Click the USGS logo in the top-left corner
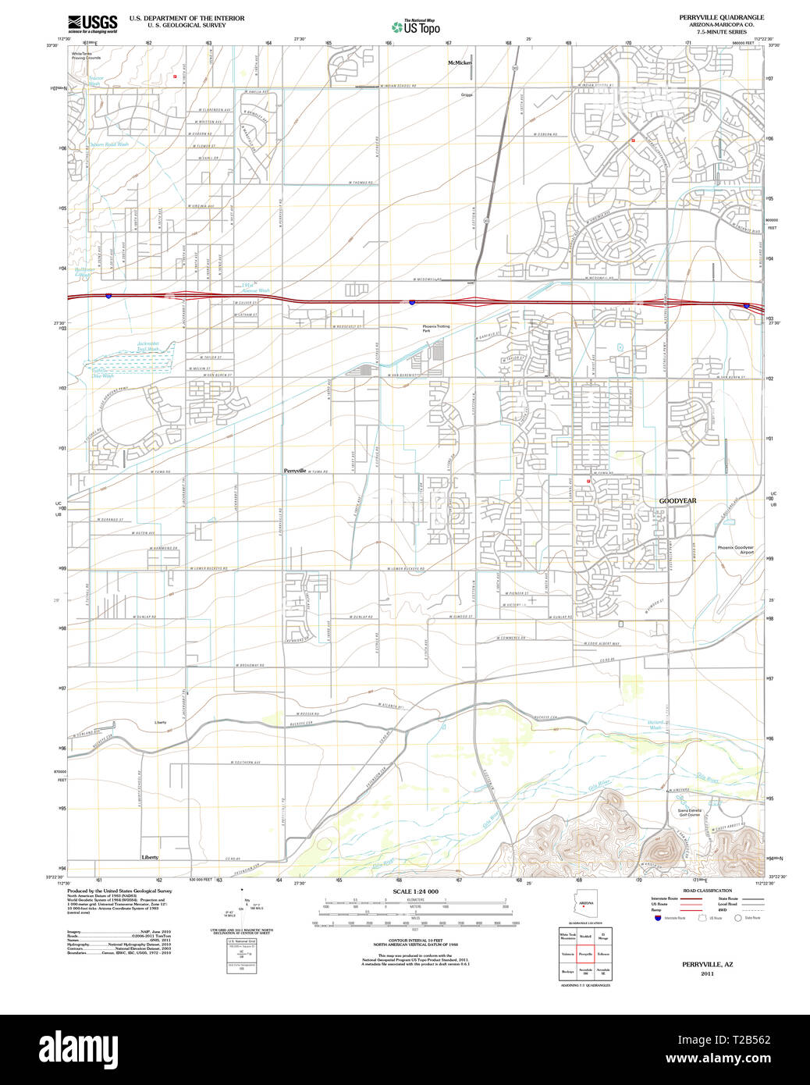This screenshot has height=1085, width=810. click(x=92, y=23)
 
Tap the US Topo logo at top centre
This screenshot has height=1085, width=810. click(x=415, y=27)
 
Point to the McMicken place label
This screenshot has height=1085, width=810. click(x=460, y=62)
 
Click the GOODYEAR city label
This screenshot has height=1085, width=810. click(x=677, y=500)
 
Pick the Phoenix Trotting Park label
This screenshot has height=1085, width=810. click(x=436, y=329)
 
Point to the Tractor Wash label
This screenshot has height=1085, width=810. click(x=95, y=80)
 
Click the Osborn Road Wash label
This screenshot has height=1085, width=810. click(x=109, y=144)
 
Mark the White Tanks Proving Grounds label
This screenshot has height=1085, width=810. click(x=86, y=55)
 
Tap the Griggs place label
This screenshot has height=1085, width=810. click(x=467, y=94)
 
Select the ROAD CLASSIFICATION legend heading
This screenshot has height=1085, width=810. click(x=707, y=891)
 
